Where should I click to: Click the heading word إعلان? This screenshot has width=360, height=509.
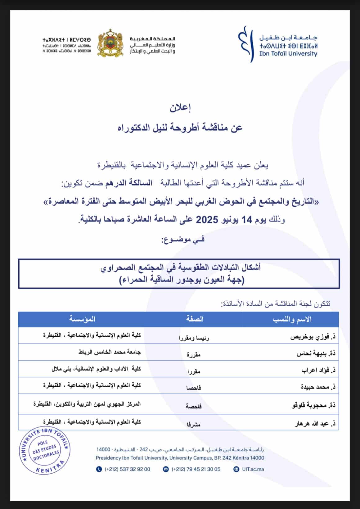coord(180,108)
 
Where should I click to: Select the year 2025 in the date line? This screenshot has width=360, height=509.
coord(208,219)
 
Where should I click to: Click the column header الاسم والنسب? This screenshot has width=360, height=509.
coord(292,319)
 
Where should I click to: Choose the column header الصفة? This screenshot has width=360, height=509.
coord(195,319)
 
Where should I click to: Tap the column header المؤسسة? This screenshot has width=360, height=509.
coord(82,319)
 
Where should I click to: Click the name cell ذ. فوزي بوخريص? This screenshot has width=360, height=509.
coord(313,336)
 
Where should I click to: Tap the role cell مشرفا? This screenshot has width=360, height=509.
coord(193,424)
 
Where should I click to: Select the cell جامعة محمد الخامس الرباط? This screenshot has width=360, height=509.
coord(110,352)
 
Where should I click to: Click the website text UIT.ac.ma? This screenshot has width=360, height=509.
coord(253,469)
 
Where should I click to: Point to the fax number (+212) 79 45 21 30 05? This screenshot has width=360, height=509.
coord(196,469)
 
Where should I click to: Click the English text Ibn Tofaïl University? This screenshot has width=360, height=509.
coord(288,54)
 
